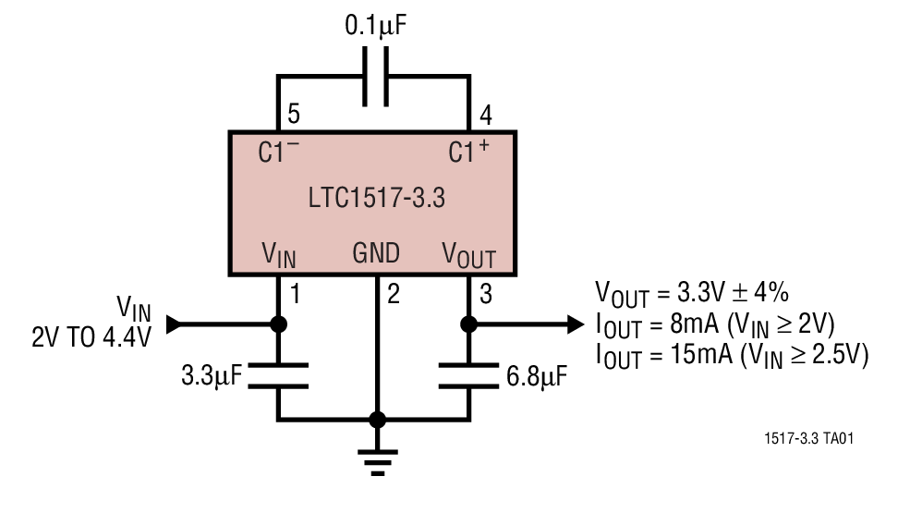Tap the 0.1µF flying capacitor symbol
coord(374,78)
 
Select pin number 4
coord(483,116)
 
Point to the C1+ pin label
coord(469,152)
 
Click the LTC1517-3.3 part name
coord(372,198)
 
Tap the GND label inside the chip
coord(376,253)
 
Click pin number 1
coord(296,295)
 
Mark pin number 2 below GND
coord(394,295)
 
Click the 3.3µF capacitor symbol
coord(278,376)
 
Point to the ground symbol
coord(376,459)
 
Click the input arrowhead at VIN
coord(172,324)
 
